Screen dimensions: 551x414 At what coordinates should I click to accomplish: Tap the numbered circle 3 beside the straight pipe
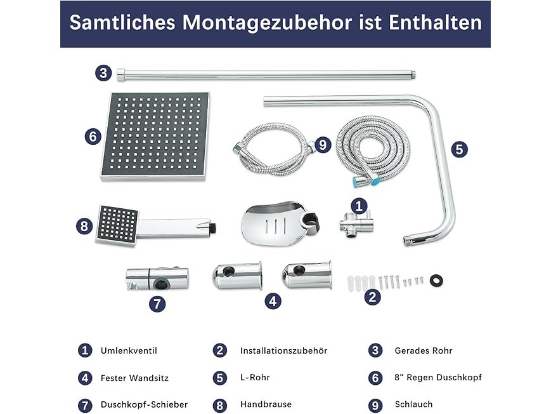pyautogui.click(x=103, y=73)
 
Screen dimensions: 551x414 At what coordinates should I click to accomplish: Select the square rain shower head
pyautogui.click(x=155, y=137)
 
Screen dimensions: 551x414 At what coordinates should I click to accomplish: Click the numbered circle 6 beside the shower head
pyautogui.click(x=93, y=137)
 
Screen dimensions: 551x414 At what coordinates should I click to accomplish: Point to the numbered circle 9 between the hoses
pyautogui.click(x=323, y=145)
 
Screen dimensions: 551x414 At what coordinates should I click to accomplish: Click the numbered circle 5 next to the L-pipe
pyautogui.click(x=459, y=149)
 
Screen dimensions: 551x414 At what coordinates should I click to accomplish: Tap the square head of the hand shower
pyautogui.click(x=117, y=225)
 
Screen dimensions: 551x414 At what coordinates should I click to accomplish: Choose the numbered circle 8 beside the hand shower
pyautogui.click(x=84, y=226)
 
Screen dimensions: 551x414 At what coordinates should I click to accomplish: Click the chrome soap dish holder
pyautogui.click(x=280, y=224)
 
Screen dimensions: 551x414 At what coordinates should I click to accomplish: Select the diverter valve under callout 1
pyautogui.click(x=355, y=225)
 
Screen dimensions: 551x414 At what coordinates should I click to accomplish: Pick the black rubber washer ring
pyautogui.click(x=436, y=281)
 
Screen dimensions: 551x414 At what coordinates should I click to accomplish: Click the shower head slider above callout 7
pyautogui.click(x=157, y=279)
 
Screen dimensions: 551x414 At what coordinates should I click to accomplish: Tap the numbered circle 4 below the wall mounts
pyautogui.click(x=273, y=301)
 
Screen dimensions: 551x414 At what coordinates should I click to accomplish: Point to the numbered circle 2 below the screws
pyautogui.click(x=372, y=297)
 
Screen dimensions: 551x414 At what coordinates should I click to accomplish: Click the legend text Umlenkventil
pyautogui.click(x=129, y=351)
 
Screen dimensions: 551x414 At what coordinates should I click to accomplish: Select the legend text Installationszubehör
pyautogui.click(x=283, y=351)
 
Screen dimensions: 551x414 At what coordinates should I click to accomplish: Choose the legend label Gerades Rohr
pyautogui.click(x=424, y=351)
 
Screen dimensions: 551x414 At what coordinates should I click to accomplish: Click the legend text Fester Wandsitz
pyautogui.click(x=134, y=378)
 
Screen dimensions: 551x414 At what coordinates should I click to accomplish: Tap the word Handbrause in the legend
pyautogui.click(x=266, y=404)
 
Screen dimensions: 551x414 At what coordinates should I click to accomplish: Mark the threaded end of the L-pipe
pyautogui.click(x=407, y=241)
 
